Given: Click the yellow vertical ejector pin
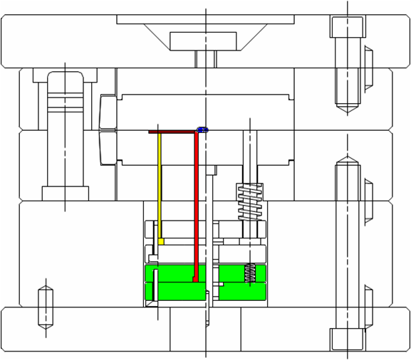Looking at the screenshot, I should (160, 185).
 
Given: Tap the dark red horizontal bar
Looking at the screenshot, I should (172, 132).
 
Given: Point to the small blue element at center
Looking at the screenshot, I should (202, 130).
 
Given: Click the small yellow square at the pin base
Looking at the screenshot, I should (161, 242).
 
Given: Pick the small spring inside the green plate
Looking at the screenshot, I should (250, 272).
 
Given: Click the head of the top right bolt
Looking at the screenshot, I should (347, 27).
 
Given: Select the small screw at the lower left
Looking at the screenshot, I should (46, 306).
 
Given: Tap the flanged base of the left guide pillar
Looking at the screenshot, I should (65, 193).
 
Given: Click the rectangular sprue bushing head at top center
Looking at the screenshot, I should (203, 41).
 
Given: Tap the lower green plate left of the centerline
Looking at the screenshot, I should (175, 291).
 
